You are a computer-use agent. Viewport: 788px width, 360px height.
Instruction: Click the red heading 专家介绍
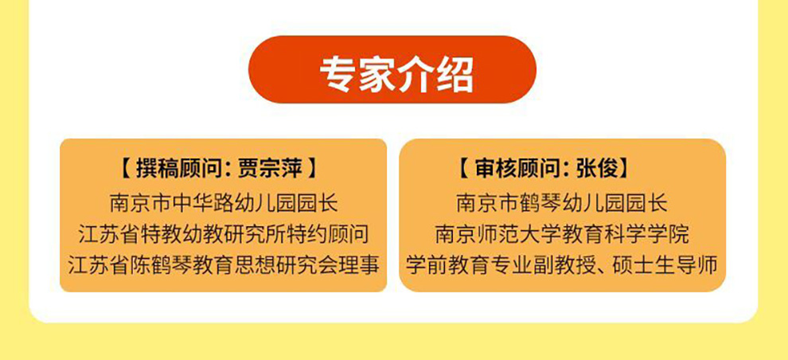[x=396, y=74]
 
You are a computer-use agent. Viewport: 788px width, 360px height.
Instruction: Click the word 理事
[x=357, y=265]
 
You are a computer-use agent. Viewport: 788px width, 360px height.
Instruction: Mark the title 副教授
[x=568, y=265]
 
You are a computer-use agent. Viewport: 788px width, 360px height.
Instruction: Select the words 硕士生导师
[x=664, y=265]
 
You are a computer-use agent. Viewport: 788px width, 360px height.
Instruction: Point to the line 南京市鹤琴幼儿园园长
[x=562, y=203]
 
